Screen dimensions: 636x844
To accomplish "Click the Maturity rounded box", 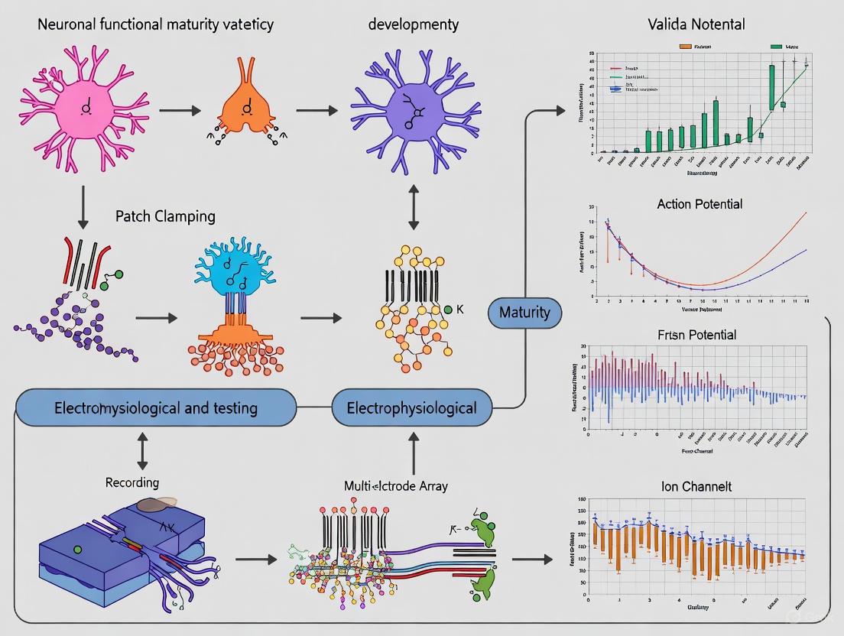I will click(524, 312).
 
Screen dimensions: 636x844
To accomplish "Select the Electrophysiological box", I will click(411, 407).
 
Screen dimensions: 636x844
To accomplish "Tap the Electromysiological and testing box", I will click(155, 407).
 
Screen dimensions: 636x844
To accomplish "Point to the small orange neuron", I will click(245, 109).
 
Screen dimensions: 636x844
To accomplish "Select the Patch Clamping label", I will click(165, 216).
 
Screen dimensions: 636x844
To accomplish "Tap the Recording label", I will click(132, 483).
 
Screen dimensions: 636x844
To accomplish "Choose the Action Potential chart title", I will click(699, 204).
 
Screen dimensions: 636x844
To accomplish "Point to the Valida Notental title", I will click(696, 25).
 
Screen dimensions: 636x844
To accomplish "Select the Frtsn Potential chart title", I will click(696, 335).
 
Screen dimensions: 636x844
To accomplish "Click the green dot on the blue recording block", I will click(77, 549).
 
